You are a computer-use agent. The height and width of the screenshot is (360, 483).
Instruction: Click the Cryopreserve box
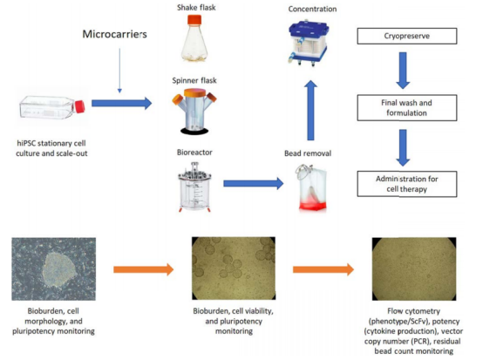[407, 36]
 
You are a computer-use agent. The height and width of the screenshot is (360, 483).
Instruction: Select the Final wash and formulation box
[407, 107]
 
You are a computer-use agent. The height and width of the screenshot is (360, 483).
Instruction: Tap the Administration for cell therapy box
[407, 184]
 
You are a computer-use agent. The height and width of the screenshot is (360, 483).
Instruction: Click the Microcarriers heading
[114, 34]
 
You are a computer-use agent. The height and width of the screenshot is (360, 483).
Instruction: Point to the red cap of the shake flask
[194, 20]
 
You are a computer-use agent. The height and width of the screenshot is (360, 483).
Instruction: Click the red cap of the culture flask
[80, 106]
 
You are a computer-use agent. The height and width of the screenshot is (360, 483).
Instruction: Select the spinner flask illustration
[194, 112]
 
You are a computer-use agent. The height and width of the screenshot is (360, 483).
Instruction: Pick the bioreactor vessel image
[194, 187]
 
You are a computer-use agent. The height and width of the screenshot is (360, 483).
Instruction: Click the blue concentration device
[309, 43]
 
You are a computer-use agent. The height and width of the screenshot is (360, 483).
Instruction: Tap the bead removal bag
[311, 188]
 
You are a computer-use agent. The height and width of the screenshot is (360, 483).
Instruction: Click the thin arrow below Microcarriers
[119, 71]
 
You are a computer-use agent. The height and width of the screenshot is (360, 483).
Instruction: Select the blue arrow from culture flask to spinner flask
[122, 103]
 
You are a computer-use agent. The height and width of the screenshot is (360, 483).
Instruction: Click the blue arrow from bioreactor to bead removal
[253, 184]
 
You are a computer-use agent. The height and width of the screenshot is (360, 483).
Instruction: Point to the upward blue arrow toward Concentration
[310, 110]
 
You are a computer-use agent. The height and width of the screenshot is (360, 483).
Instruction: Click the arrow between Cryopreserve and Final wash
[403, 71]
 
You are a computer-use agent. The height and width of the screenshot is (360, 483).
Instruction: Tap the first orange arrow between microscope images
[144, 269]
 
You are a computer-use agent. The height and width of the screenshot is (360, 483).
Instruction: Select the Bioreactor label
[194, 153]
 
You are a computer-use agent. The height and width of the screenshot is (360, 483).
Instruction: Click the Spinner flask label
[194, 80]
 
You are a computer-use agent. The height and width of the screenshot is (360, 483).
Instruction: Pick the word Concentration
[312, 9]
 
